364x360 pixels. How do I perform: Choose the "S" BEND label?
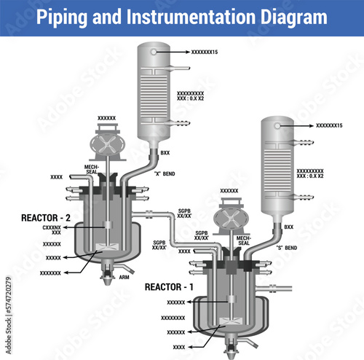click(286, 248)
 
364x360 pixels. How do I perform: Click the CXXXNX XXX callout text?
click(52, 230)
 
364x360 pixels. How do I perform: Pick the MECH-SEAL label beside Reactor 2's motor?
click(91, 169)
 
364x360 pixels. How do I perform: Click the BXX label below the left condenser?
click(165, 152)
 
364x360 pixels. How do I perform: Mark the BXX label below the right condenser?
click(288, 227)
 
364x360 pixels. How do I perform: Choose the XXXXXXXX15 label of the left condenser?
click(205, 52)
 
